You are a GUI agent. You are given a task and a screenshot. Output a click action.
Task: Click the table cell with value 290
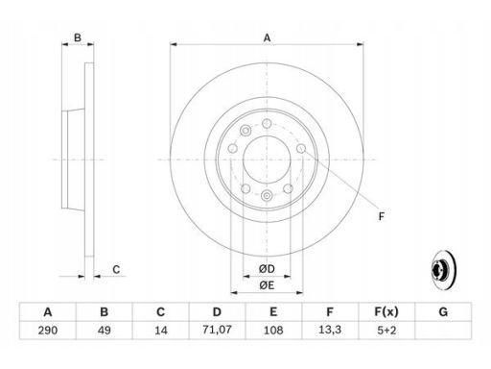coord(48,330)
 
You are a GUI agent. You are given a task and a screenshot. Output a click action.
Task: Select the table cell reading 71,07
coord(217,330)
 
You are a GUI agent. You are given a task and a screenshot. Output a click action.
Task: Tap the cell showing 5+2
coord(386,330)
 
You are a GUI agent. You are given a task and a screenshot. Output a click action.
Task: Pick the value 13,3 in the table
coord(330,330)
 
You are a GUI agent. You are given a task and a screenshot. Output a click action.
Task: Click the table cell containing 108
coord(273,330)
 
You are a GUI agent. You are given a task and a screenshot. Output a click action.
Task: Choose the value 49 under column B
coord(105,330)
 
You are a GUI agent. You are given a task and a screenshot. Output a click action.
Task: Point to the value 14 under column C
coord(161,330)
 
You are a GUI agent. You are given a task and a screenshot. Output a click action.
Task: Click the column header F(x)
coord(386,311)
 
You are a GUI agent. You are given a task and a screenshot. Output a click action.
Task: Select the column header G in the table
coord(443,311)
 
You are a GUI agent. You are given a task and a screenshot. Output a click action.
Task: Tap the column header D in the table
coord(217,311)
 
